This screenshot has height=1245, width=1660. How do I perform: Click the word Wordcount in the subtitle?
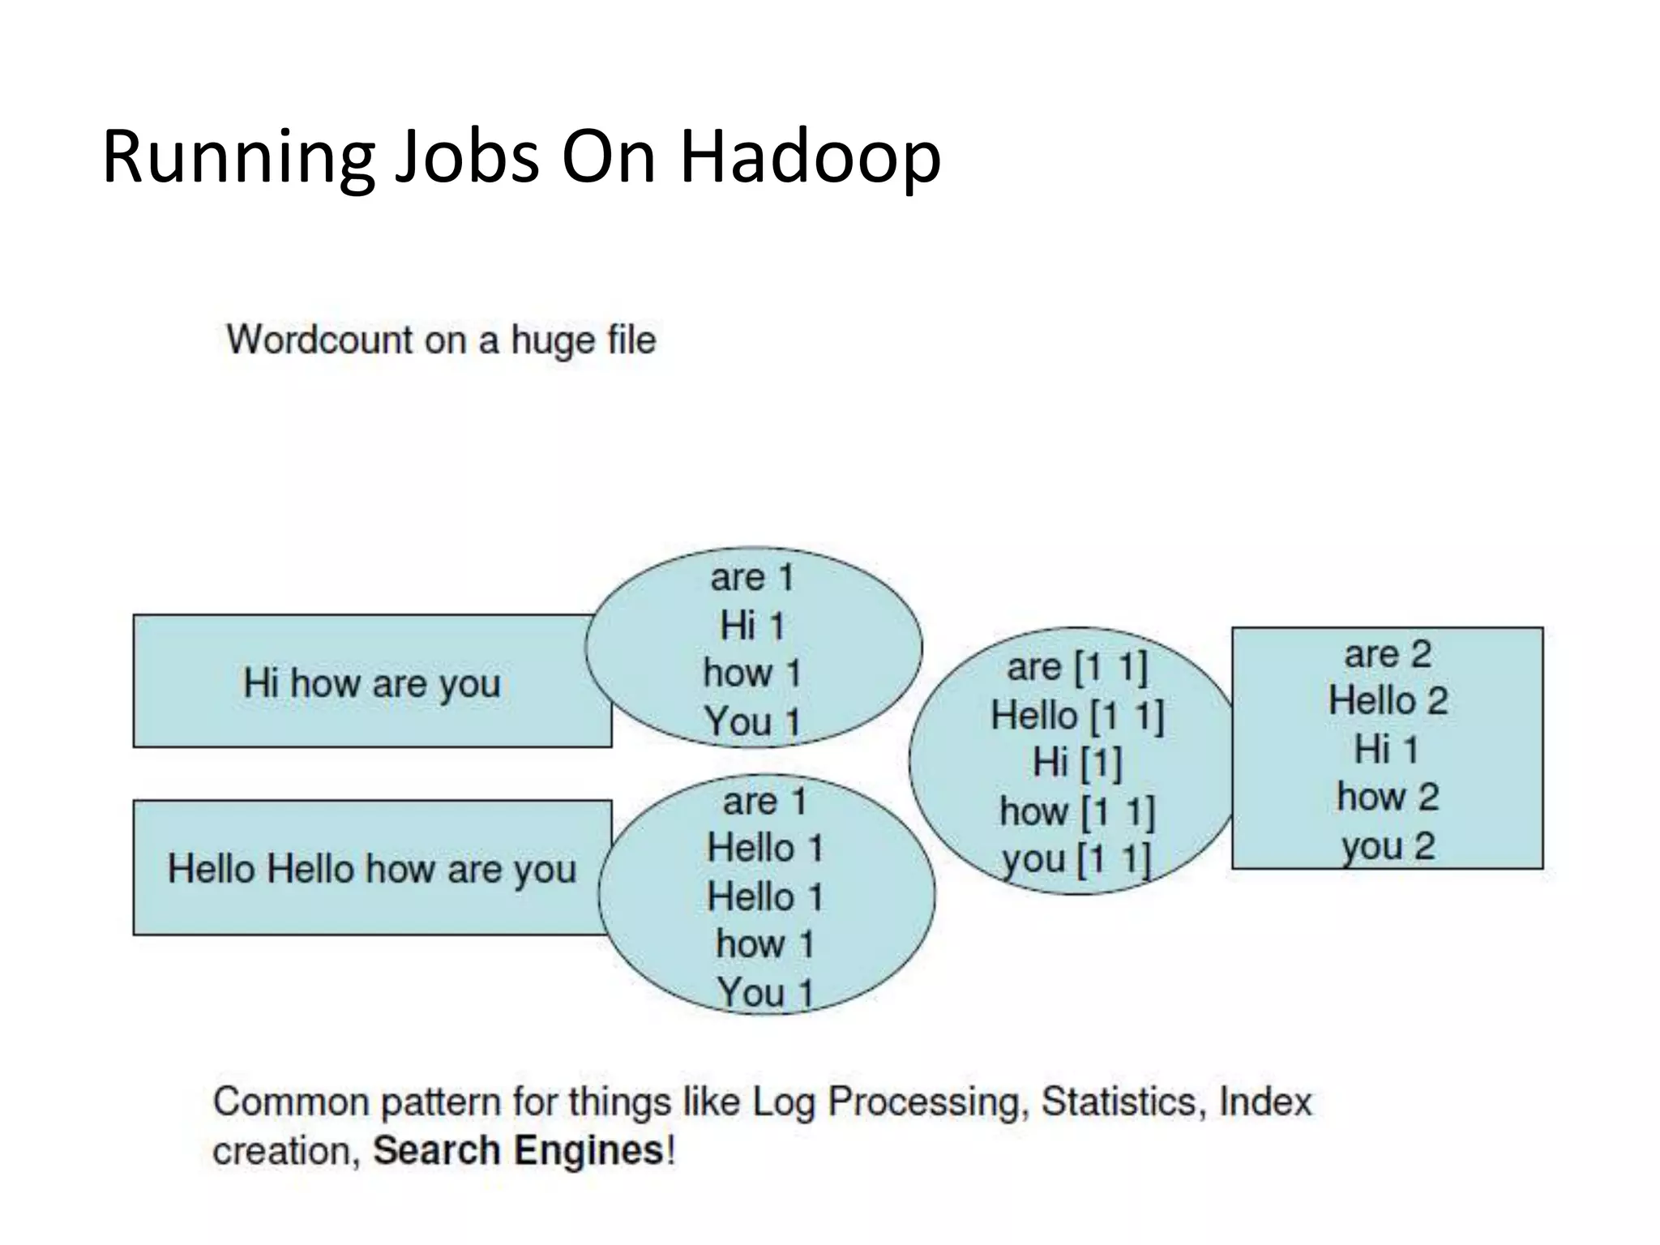pos(319,340)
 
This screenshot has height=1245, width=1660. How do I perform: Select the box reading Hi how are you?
pos(371,682)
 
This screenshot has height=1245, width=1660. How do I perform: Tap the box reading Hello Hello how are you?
pos(371,869)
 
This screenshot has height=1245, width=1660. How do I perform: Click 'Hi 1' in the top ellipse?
pos(752,626)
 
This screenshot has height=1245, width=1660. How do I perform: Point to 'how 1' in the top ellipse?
pos(752,674)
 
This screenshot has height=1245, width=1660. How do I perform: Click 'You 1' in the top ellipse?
pos(752,721)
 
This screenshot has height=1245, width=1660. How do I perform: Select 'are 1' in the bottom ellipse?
pos(764,802)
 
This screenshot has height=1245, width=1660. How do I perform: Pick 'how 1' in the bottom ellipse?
pos(764,944)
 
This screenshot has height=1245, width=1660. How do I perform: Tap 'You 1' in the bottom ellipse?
pos(764,992)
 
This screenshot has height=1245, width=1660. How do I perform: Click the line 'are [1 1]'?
pos(1076,668)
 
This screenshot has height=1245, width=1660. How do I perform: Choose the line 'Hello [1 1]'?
pos(1076,716)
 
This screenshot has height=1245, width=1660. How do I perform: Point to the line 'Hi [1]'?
pos(1076,763)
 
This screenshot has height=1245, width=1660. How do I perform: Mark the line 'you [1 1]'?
pos(1076,859)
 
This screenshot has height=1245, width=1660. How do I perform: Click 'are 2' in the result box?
pos(1388,654)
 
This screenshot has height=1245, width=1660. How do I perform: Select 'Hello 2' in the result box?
pos(1388,701)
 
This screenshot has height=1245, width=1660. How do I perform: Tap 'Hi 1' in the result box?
pos(1388,749)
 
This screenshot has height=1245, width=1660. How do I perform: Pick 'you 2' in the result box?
pos(1388,846)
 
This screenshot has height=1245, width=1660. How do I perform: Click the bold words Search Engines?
pos(518,1150)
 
